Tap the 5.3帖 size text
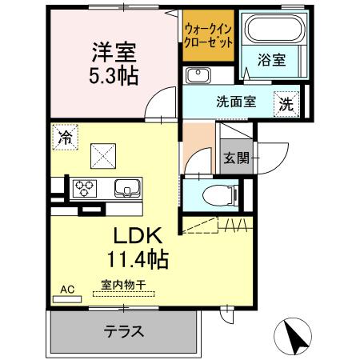pyautogui.click(x=113, y=75)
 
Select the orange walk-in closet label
pyautogui.click(x=209, y=36)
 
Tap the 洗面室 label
pyautogui.click(x=235, y=102)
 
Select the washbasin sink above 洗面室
pyautogui.click(x=196, y=75)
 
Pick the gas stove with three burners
pyautogui.click(x=84, y=188)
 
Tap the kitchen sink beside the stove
pyautogui.click(x=126, y=188)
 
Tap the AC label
pyautogui.click(x=66, y=289)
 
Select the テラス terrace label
pyautogui.click(x=124, y=332)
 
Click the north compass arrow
pyautogui.click(x=295, y=336)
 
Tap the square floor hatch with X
pyautogui.click(x=102, y=152)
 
